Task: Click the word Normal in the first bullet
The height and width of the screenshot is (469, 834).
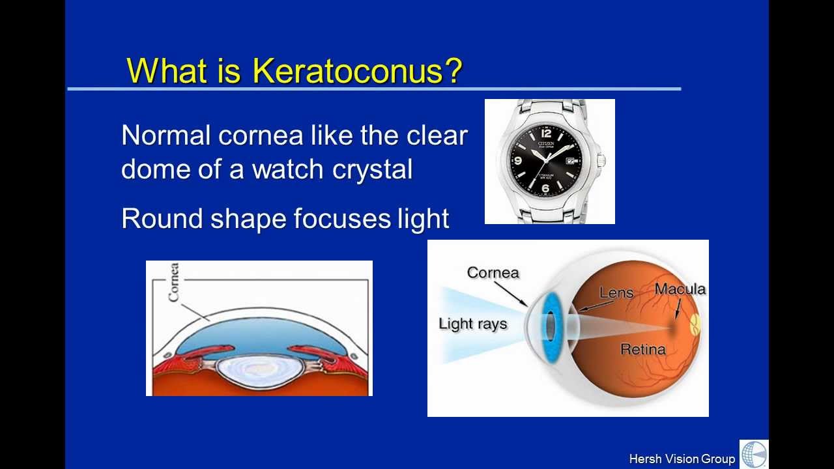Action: click(166, 135)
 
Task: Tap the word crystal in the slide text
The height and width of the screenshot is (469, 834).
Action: click(372, 169)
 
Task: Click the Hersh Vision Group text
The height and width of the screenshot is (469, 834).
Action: click(682, 459)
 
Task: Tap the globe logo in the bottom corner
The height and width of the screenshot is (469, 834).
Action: click(754, 454)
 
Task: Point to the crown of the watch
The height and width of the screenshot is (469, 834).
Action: click(602, 160)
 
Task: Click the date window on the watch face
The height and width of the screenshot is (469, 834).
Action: click(571, 160)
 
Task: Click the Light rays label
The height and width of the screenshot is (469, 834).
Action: click(472, 324)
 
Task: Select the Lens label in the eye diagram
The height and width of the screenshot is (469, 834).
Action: click(616, 292)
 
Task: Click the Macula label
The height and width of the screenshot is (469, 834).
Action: click(680, 289)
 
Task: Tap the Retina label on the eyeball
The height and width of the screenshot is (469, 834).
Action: click(642, 349)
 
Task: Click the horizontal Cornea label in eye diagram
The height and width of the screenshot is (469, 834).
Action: click(493, 272)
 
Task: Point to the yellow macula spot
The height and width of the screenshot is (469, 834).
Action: click(695, 324)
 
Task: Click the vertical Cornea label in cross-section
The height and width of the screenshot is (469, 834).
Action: click(173, 283)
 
